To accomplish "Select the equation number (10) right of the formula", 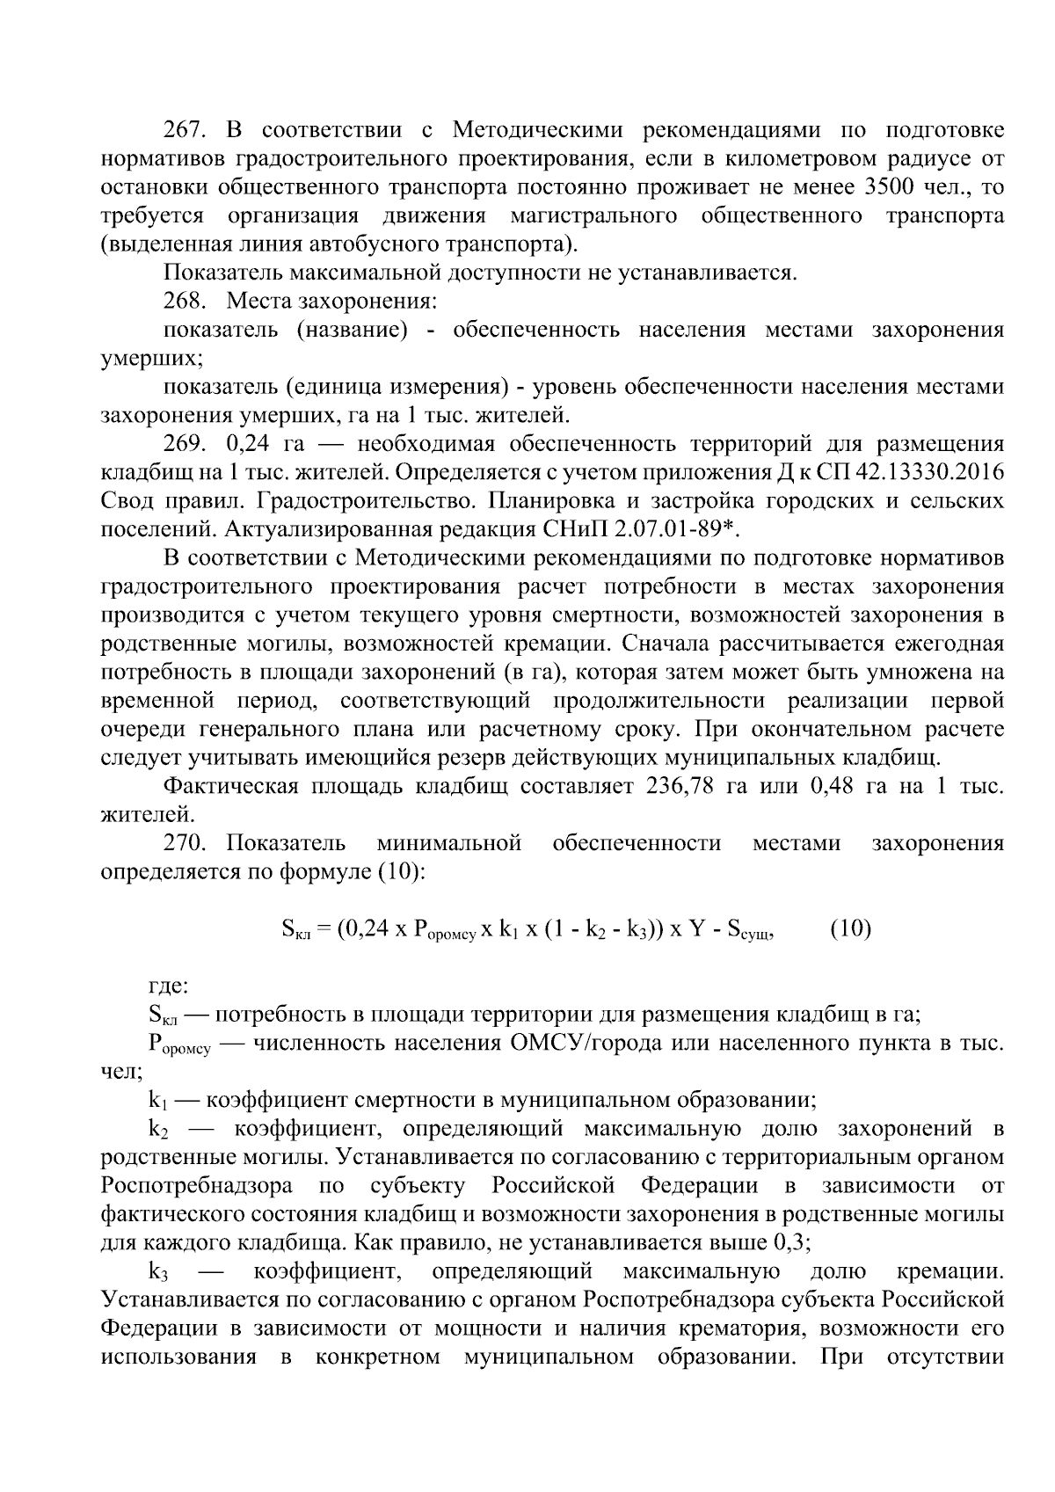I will click(850, 928).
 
